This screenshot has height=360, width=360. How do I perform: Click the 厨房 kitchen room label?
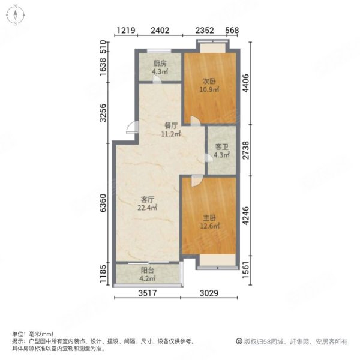(x=159, y=63)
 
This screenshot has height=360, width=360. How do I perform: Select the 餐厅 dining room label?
(x=171, y=126)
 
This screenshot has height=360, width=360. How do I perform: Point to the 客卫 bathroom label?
(x=221, y=147)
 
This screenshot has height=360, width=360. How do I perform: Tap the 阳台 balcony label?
(x=147, y=270)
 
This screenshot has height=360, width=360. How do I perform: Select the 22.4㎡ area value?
(x=149, y=208)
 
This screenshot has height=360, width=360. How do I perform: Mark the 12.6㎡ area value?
(x=210, y=226)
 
